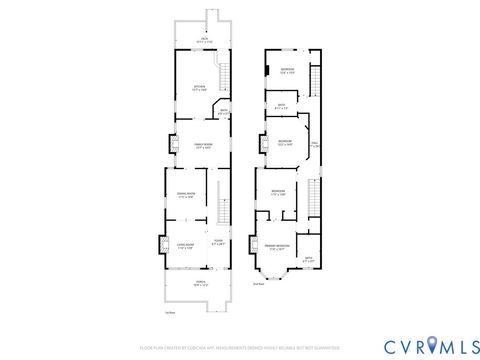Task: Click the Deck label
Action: coord(203,41)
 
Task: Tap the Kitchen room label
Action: coord(198,88)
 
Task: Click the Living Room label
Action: coord(185,245)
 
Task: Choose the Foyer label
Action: coord(219,241)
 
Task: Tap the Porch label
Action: coord(199,285)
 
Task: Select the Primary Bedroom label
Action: coord(277,247)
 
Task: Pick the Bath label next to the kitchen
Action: coord(224,111)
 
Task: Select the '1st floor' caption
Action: coord(170,312)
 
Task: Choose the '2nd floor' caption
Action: coord(258,284)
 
